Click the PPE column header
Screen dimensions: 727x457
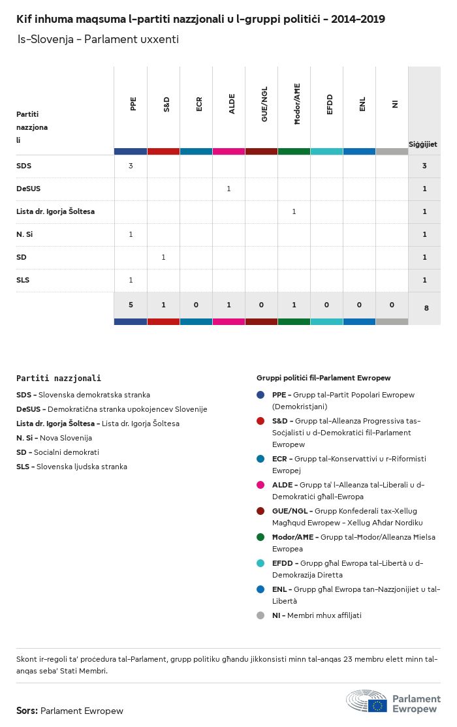click(x=133, y=104)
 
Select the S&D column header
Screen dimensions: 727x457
click(x=166, y=104)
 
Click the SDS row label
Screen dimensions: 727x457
click(x=24, y=166)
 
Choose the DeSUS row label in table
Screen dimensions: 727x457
click(x=28, y=189)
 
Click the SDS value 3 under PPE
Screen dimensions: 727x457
click(x=131, y=166)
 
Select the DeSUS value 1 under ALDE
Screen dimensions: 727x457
click(x=228, y=189)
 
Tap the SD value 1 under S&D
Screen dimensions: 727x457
click(x=163, y=257)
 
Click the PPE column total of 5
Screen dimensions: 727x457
click(x=131, y=305)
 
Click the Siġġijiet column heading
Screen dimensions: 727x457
click(x=423, y=144)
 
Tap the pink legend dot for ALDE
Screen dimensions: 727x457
click(x=261, y=486)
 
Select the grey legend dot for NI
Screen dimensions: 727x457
click(x=261, y=615)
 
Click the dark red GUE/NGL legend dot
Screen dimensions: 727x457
click(x=261, y=511)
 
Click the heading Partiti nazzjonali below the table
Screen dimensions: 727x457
click(x=59, y=378)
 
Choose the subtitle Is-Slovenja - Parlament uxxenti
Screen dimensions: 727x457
click(x=98, y=40)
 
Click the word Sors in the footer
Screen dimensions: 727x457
click(x=27, y=711)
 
